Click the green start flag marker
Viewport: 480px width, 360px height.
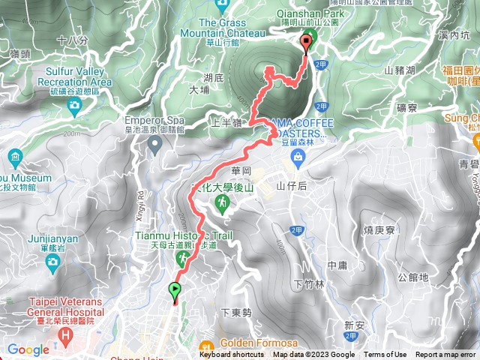click(x=175, y=289)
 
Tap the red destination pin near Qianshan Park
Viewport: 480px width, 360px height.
click(x=306, y=42)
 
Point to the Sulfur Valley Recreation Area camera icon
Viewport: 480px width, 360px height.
click(x=73, y=106)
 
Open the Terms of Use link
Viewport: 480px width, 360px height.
click(x=385, y=355)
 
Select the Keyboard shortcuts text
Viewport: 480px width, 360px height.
click(x=232, y=355)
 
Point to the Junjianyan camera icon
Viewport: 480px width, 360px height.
click(x=52, y=261)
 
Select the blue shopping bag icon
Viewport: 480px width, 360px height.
click(x=298, y=157)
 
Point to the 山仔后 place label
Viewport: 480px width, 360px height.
click(x=288, y=185)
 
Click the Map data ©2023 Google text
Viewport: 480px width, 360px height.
click(x=313, y=355)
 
